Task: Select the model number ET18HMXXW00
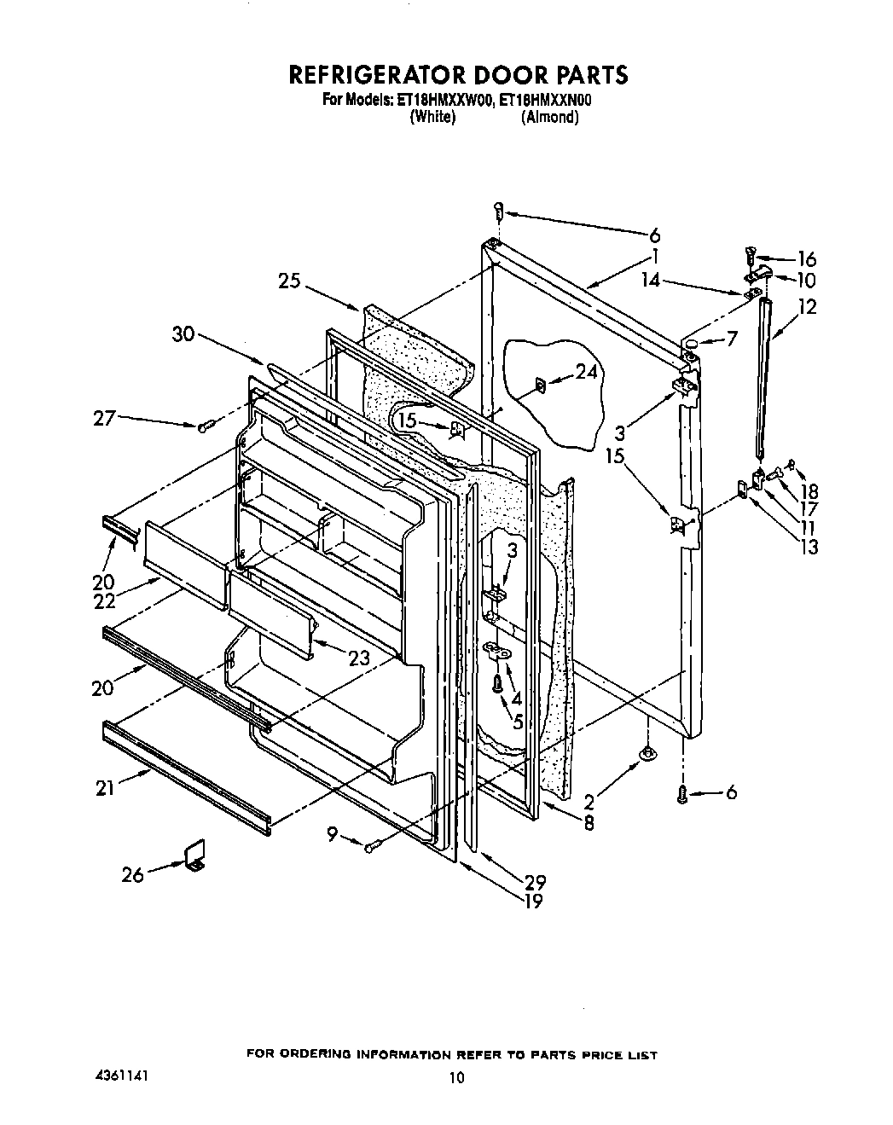[444, 101]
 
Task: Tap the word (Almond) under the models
[550, 118]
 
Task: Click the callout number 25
[289, 280]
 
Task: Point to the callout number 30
[183, 334]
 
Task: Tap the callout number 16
[806, 258]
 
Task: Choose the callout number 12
[806, 306]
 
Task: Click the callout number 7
[732, 339]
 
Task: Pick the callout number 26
[132, 874]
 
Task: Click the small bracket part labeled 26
[196, 855]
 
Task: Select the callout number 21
[104, 789]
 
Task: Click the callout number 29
[535, 882]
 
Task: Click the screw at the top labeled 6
[500, 210]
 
